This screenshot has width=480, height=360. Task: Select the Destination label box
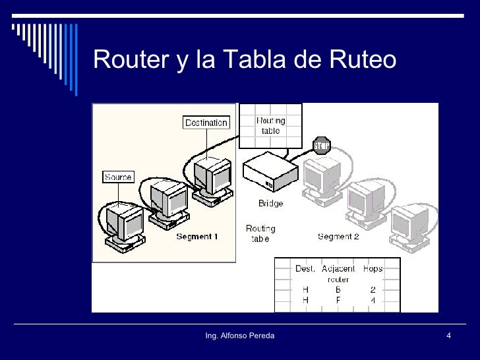[x=206, y=122]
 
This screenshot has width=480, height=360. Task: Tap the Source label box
[x=118, y=177]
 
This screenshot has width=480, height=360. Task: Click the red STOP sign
[x=321, y=145]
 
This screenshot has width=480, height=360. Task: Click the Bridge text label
[x=270, y=204]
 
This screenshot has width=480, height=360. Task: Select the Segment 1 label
[x=196, y=236]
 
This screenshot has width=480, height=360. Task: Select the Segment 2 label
[x=338, y=236]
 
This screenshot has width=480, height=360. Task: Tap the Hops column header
[x=373, y=268]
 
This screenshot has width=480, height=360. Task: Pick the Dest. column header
[x=305, y=268]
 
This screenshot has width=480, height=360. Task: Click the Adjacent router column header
[x=338, y=273]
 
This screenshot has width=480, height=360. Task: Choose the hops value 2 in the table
[x=373, y=289]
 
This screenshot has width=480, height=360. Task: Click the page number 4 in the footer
[x=448, y=337]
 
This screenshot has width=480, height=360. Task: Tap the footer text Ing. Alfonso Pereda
[x=240, y=337]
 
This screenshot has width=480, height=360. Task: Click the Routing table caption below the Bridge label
[x=260, y=233]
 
